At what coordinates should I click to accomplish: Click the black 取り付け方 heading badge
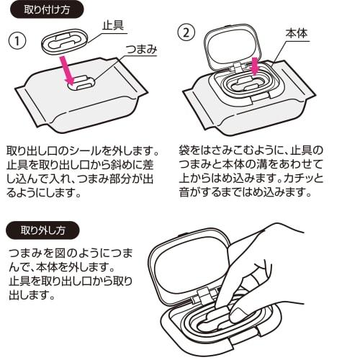coord(47,10)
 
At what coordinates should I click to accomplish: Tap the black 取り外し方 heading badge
coord(42,230)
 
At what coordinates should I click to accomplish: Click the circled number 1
coord(17,41)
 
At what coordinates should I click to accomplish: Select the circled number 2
coord(186,33)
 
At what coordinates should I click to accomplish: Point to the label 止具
coord(113,25)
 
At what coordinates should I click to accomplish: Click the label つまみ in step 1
coord(141,50)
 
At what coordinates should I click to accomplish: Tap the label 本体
coord(297,33)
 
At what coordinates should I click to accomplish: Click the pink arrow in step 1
coord(68,71)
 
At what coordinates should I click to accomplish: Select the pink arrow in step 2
coord(254,66)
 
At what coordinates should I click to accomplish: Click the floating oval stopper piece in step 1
coord(66,40)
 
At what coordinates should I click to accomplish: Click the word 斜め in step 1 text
coord(122,165)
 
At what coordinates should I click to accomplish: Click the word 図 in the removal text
coord(60,253)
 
